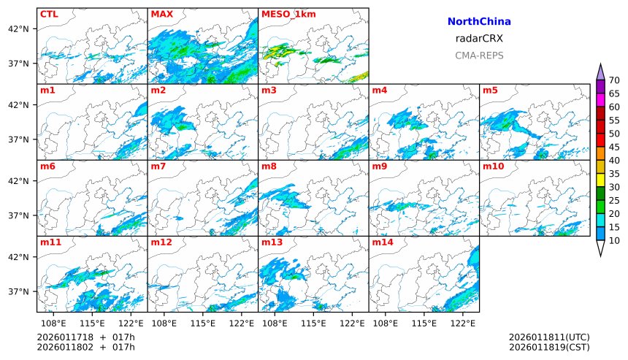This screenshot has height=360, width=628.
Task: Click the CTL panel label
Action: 50,14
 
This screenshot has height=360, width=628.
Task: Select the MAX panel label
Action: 161,14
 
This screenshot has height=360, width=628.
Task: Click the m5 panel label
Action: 490,91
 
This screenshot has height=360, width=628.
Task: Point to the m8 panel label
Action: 269,166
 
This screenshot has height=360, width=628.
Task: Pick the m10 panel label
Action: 493,166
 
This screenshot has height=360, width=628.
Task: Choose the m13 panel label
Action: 272,242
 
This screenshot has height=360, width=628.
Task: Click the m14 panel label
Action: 383,242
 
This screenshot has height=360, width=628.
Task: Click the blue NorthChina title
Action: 479,22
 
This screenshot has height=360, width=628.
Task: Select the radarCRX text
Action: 479,39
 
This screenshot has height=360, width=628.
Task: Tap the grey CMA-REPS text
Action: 479,55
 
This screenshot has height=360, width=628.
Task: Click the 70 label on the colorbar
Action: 614,80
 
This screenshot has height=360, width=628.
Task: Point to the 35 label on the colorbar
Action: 614,174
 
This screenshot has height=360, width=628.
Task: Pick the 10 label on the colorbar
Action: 614,240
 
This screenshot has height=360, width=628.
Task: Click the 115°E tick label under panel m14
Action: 424,323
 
